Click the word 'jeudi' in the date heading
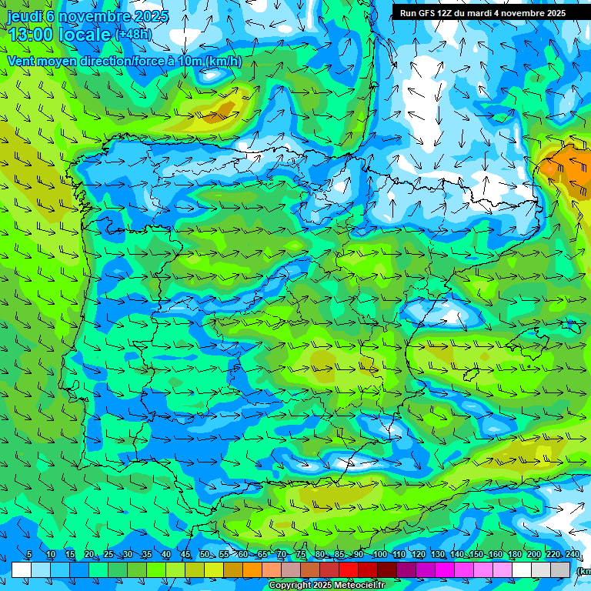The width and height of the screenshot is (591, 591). pyautogui.click(x=25, y=16)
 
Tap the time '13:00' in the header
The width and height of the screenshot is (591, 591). pyautogui.click(x=31, y=34)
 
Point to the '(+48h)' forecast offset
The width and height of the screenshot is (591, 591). pyautogui.click(x=133, y=34)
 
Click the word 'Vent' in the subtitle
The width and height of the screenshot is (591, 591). pyautogui.click(x=22, y=62)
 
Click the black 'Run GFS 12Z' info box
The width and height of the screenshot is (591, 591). pyautogui.click(x=482, y=13)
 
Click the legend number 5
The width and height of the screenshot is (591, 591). pyautogui.click(x=29, y=555)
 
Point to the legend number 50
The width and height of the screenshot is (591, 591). pyautogui.click(x=204, y=555)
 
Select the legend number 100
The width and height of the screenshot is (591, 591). pyautogui.click(x=379, y=555)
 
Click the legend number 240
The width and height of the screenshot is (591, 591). pyautogui.click(x=573, y=555)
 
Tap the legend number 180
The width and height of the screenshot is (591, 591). pyautogui.click(x=515, y=555)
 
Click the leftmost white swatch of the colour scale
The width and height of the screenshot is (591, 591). pyautogui.click(x=22, y=569)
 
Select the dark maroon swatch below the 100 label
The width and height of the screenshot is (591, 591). pyautogui.click(x=387, y=569)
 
